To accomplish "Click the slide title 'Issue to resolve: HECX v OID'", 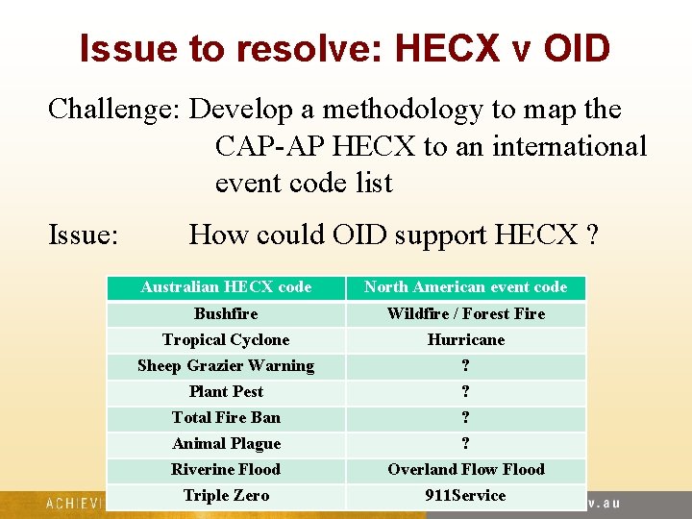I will click(345, 48).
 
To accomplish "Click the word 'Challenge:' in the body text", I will click(113, 110).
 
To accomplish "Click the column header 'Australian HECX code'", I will click(226, 287).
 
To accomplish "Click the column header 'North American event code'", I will click(465, 287).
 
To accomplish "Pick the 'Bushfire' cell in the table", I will click(226, 314).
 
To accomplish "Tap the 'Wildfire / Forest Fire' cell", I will click(465, 314).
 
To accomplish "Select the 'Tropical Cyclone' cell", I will click(226, 340).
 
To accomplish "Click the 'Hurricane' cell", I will click(465, 340).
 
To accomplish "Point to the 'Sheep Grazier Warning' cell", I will click(226, 366).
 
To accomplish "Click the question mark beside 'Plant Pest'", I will click(465, 392).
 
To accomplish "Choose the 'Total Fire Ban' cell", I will click(226, 418).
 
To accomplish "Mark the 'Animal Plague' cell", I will click(226, 444).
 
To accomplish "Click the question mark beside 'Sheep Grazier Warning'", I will click(465, 366).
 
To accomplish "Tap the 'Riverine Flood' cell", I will click(226, 470).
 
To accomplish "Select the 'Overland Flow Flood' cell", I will click(465, 470).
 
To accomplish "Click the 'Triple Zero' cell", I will click(226, 496).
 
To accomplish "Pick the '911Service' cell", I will click(465, 496).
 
